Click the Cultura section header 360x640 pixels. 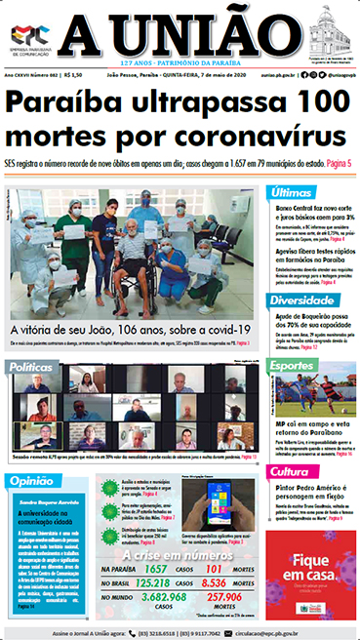tap(292, 472)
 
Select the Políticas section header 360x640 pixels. tap(34, 366)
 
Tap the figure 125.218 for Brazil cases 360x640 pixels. tap(149, 582)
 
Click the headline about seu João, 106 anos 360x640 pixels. tap(129, 330)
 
